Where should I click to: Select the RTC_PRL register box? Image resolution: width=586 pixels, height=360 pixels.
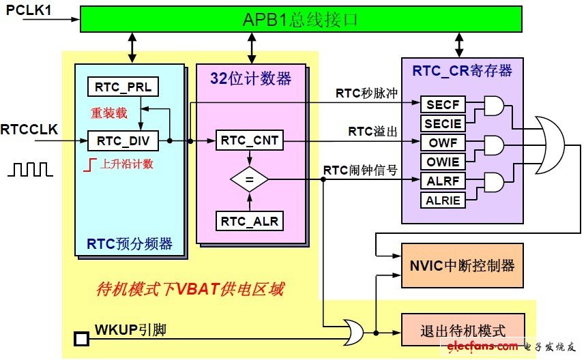(x=123, y=87)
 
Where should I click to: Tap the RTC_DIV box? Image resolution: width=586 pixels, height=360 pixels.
(x=123, y=142)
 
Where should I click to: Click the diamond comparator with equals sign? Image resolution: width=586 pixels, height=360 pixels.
(x=249, y=181)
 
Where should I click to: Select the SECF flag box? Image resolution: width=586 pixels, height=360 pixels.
(x=443, y=104)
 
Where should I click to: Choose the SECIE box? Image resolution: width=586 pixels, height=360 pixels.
(x=443, y=123)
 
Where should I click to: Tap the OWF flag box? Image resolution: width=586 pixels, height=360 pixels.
(x=443, y=143)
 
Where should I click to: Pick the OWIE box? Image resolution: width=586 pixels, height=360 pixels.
(x=443, y=162)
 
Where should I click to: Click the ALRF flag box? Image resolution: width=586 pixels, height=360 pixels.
(x=443, y=181)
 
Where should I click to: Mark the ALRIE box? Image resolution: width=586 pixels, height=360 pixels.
(x=443, y=200)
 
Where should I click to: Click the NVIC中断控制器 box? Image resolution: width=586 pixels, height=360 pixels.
(x=463, y=265)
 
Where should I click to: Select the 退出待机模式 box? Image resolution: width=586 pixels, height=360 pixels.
(x=463, y=331)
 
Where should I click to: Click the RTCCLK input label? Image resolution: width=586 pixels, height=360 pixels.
(x=29, y=128)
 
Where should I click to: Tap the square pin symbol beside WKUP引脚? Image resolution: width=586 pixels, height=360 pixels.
(x=81, y=337)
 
